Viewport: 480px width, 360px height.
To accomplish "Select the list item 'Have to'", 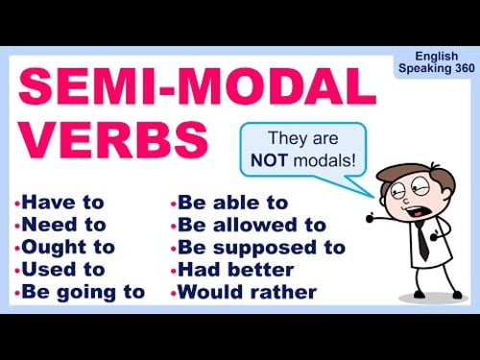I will (x=62, y=203).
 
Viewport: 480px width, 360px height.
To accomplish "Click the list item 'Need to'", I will (x=64, y=225).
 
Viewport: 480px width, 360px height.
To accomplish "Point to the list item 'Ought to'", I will (x=68, y=247).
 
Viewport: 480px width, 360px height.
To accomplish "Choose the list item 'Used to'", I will (x=63, y=269).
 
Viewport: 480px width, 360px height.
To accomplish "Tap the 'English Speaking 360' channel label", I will (x=437, y=63).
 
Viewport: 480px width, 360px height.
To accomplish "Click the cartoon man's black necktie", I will (x=422, y=240).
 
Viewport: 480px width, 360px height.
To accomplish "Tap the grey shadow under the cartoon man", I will (x=432, y=298).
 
